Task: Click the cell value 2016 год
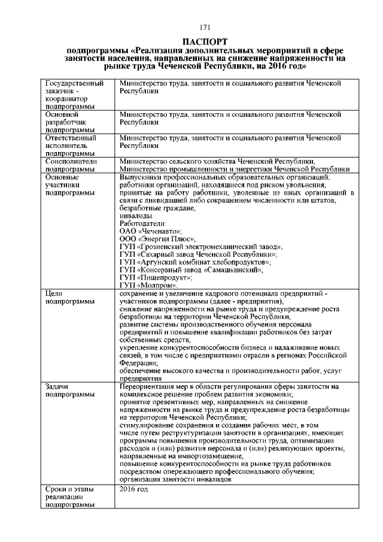(133, 489)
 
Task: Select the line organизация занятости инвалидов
(175, 480)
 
